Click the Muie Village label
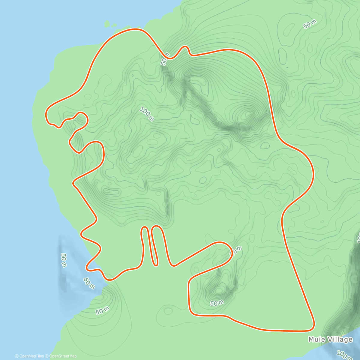[330, 339]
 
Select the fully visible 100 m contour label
[147, 114]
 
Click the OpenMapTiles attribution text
[29, 356]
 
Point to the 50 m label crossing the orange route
[165, 58]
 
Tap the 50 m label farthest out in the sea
[64, 260]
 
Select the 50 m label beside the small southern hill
[217, 303]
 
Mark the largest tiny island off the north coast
[107, 24]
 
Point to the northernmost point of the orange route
[136, 29]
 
